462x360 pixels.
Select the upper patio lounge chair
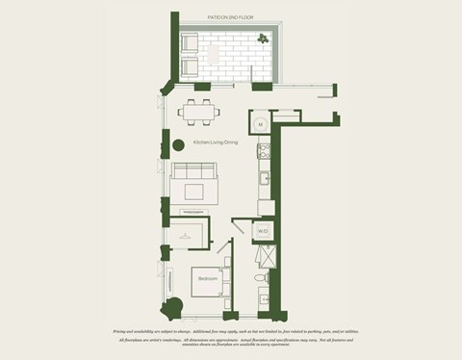pyautogui.click(x=190, y=43)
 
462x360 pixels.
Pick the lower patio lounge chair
pyautogui.click(x=190, y=66)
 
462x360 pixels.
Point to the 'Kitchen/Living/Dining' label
pyautogui.click(x=215, y=143)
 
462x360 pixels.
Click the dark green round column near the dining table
pyautogui.click(x=178, y=146)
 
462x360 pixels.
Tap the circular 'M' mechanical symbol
pyautogui.click(x=261, y=124)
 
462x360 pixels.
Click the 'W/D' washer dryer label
pyautogui.click(x=262, y=231)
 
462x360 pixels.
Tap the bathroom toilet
pyautogui.click(x=257, y=279)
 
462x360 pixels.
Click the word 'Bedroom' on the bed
pyautogui.click(x=207, y=279)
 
